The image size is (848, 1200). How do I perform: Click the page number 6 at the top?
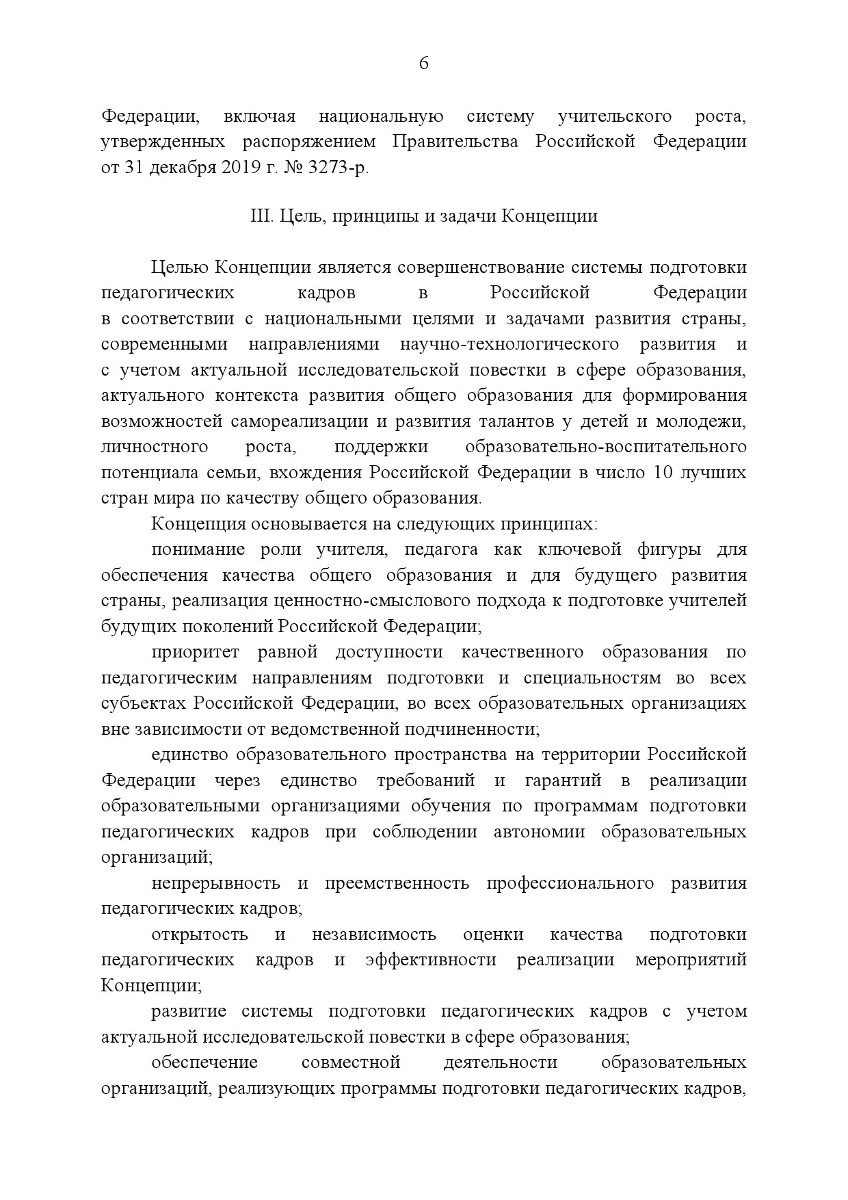[x=423, y=64]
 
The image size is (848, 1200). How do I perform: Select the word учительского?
[x=614, y=117]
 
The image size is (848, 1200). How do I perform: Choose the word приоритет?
[x=196, y=653]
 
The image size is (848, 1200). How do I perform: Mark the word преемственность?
[x=397, y=883]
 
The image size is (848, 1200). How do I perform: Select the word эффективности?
[x=431, y=960]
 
